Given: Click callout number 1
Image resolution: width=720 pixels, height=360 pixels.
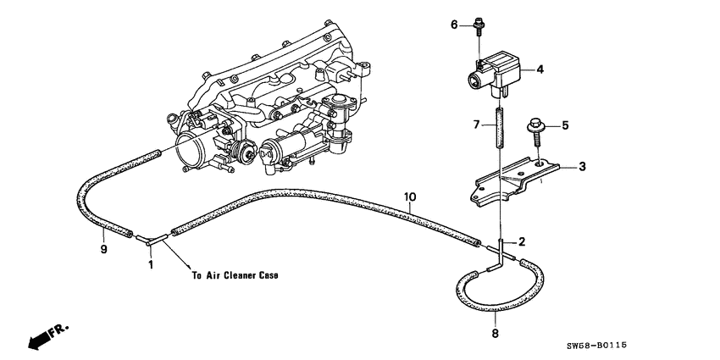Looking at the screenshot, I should (152, 264).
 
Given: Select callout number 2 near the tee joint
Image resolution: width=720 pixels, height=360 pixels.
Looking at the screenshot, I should (522, 241).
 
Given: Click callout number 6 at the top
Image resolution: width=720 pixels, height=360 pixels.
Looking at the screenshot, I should (454, 25).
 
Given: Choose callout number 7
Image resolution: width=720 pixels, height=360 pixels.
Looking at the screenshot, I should (477, 125).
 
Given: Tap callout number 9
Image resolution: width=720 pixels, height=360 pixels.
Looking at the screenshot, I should (102, 251).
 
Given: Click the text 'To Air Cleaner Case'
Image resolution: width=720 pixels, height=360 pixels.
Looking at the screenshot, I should (235, 275).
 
